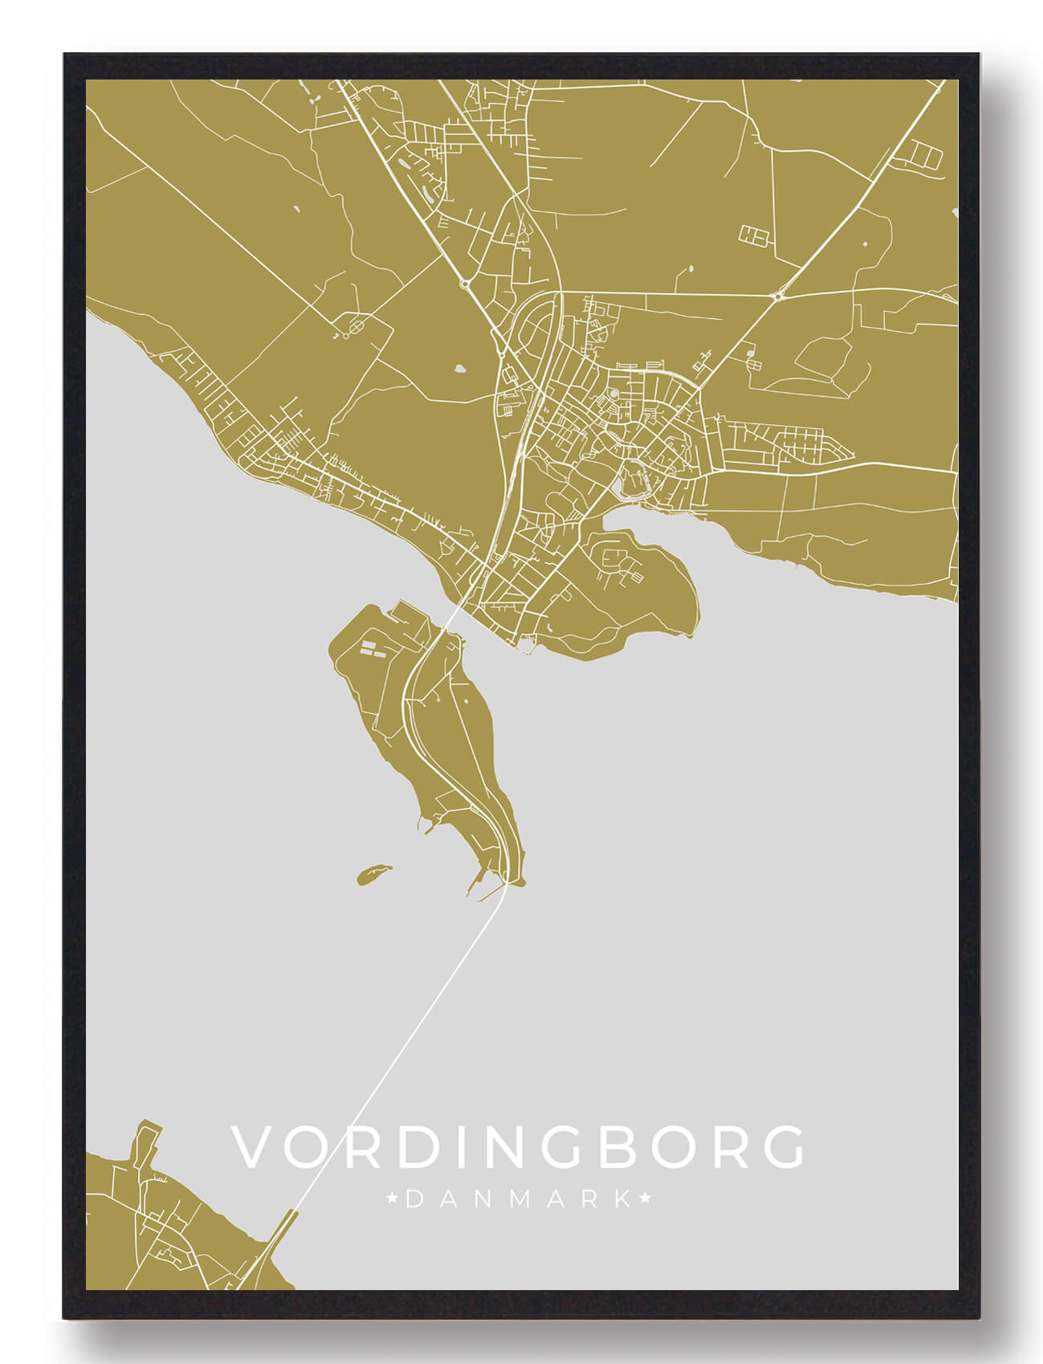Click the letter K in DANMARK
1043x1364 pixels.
pos(622,1200)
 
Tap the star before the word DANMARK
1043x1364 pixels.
pos(393,1200)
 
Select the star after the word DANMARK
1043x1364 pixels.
pos(645,1200)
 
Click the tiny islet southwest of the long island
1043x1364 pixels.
pos(373,874)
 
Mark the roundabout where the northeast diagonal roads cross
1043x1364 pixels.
pos(777,296)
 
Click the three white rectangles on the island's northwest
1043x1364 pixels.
pos(370,649)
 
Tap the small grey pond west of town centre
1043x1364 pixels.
pos(460,370)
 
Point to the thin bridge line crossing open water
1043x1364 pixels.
pos(401,1044)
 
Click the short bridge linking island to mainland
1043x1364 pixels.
pos(452,619)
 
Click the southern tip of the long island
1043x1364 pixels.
pos(514,880)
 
